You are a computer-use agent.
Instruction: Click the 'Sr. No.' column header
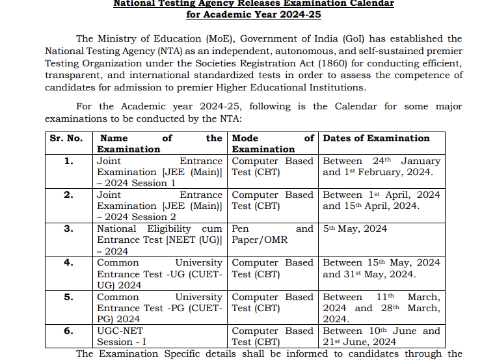[x=66, y=138]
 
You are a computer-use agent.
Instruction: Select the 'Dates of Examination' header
[x=376, y=138]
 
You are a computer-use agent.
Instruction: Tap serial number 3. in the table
[x=68, y=228]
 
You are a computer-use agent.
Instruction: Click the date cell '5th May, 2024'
[x=355, y=228]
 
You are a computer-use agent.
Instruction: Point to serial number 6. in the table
[x=68, y=331]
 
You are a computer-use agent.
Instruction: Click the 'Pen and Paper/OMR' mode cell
[x=273, y=234]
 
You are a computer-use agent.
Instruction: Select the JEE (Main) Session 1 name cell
[x=159, y=172]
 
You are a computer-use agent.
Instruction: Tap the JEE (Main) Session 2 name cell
[x=159, y=206]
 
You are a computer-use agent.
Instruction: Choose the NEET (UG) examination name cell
[x=159, y=240]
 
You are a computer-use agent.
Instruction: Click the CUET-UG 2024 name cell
[x=159, y=274]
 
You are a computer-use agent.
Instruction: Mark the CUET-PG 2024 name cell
[x=159, y=308]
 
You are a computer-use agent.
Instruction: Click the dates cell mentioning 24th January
[x=381, y=167]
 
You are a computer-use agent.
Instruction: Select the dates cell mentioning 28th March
[x=381, y=308]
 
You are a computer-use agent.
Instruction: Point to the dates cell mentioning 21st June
[x=381, y=337]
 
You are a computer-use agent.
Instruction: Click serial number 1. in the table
[x=68, y=161]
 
